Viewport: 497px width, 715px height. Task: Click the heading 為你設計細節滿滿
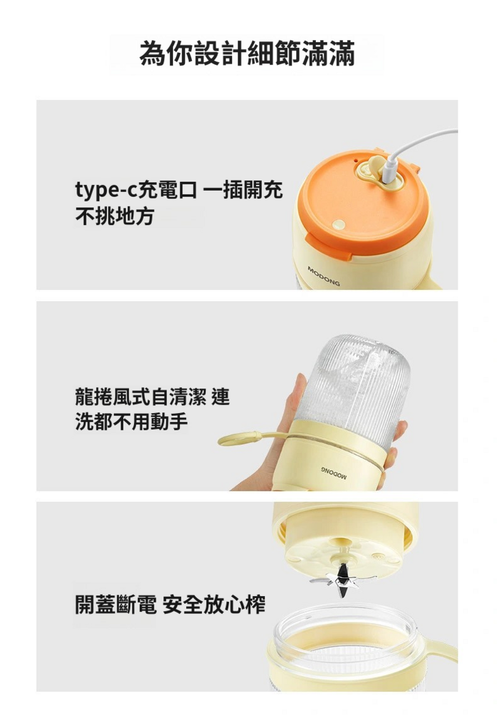tap(247, 54)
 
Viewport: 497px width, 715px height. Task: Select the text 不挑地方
tap(114, 215)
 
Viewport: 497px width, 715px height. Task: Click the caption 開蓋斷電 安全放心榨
tap(170, 604)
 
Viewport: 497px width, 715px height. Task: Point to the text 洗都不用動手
tap(132, 421)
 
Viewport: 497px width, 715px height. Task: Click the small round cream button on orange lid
tap(339, 224)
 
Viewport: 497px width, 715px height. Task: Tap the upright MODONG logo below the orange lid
tap(323, 276)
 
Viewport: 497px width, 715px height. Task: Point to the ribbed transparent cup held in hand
tap(352, 381)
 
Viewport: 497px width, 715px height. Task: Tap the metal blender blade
tap(343, 580)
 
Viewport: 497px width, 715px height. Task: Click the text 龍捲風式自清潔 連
tap(153, 396)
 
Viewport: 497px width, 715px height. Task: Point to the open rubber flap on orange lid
tap(377, 165)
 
